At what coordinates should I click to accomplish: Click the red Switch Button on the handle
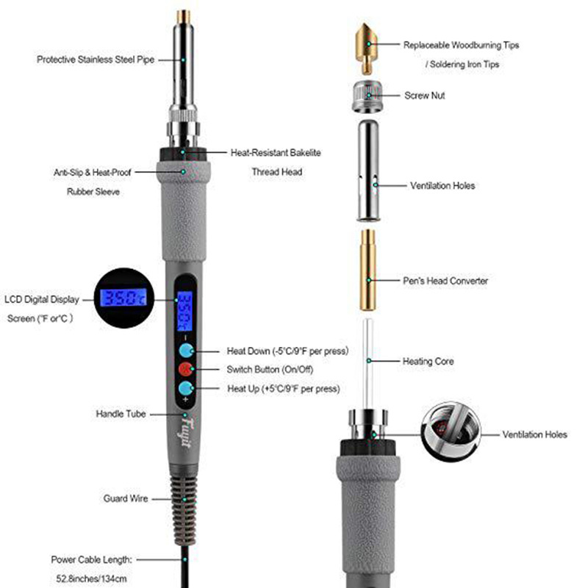point(186,369)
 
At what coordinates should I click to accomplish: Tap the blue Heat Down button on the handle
point(186,351)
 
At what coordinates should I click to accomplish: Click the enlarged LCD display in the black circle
point(123,298)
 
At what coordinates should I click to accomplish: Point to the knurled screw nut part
point(367,96)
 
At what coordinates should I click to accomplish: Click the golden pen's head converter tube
point(368,270)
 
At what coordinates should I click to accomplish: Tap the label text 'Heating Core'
point(428,362)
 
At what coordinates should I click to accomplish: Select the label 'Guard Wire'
point(126,498)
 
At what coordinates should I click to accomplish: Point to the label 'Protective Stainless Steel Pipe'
point(96,60)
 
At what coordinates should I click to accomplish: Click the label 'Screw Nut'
point(425,96)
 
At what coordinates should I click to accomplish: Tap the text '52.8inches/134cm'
point(91,578)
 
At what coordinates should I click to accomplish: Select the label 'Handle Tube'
point(121,414)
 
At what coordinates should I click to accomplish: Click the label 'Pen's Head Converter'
point(445,281)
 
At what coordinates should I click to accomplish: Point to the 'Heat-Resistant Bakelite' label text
point(276,153)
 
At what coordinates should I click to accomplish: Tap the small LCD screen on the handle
point(184,311)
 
